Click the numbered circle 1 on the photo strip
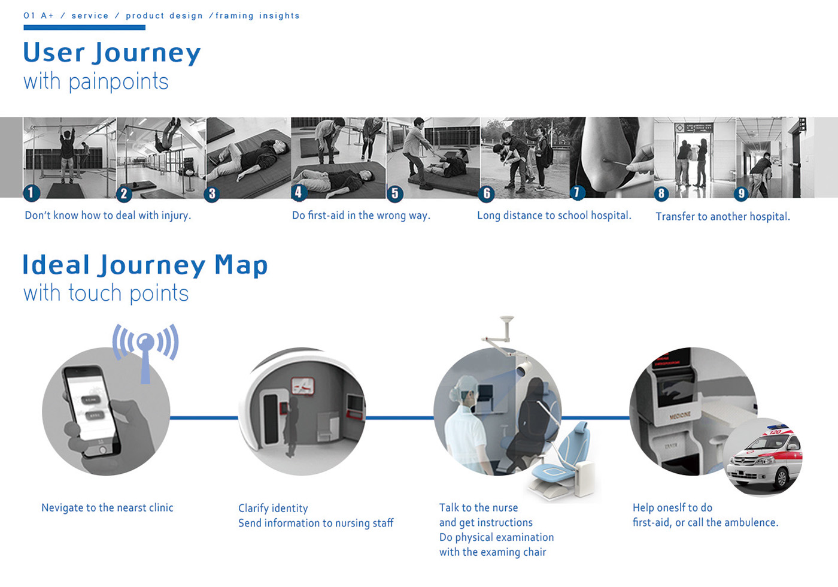[x=31, y=193]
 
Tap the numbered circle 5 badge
[x=394, y=193]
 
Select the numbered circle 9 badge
[x=742, y=193]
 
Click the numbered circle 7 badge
[x=576, y=192]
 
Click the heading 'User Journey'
[x=112, y=53]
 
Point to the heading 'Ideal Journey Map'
[x=145, y=265]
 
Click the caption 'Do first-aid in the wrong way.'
[x=361, y=216]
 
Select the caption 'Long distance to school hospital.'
[x=554, y=216]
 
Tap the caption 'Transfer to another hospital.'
[x=722, y=216]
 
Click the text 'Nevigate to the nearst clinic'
[x=107, y=508]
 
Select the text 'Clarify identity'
[x=273, y=509]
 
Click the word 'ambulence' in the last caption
[x=752, y=523]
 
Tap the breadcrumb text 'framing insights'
[x=257, y=16]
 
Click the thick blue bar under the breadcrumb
[x=84, y=28]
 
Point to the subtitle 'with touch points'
[x=106, y=293]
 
